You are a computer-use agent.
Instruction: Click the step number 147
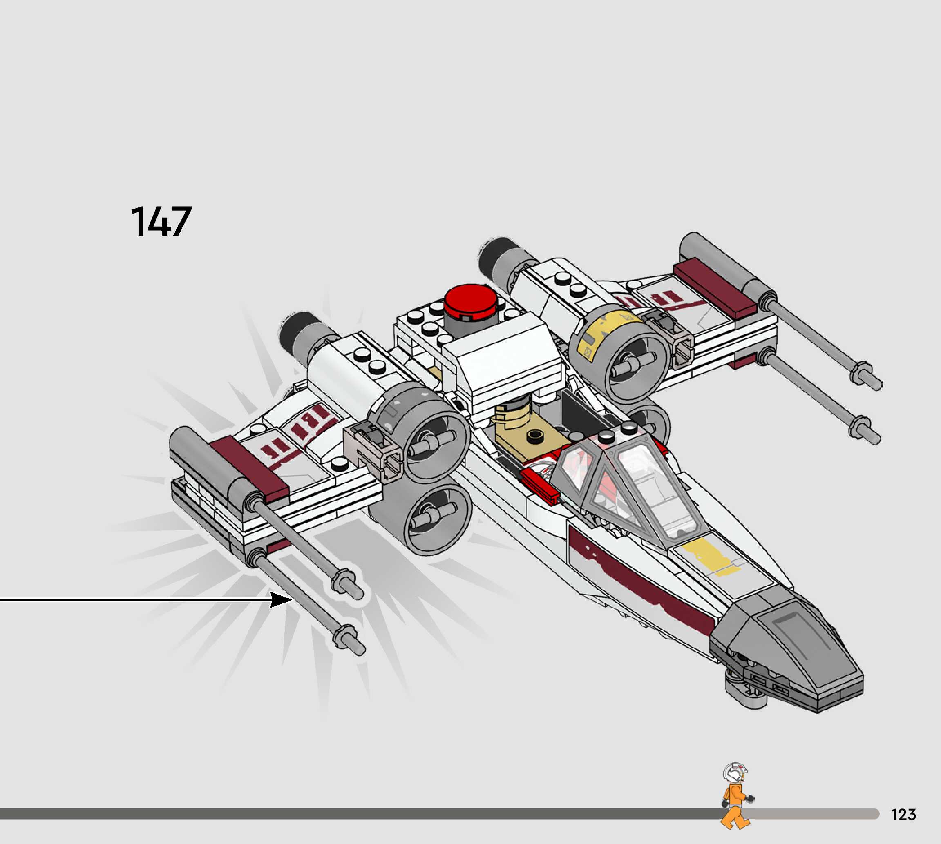(161, 222)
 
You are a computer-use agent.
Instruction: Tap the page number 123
(903, 814)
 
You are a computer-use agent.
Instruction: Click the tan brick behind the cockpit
(529, 438)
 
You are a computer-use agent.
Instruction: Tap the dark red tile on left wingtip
(248, 468)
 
